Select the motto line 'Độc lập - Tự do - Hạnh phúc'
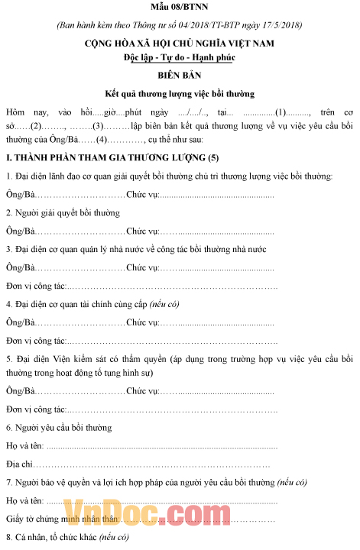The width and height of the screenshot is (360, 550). [x=180, y=58]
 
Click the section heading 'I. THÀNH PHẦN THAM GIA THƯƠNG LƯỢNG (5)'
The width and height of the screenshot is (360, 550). [x=112, y=157]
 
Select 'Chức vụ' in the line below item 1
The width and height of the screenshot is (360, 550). [x=142, y=195]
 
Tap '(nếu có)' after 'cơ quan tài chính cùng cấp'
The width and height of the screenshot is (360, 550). [x=163, y=304]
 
